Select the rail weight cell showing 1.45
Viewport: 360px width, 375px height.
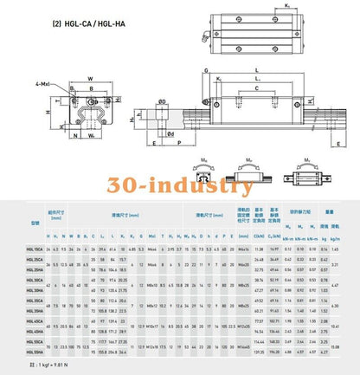[x=335, y=248]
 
